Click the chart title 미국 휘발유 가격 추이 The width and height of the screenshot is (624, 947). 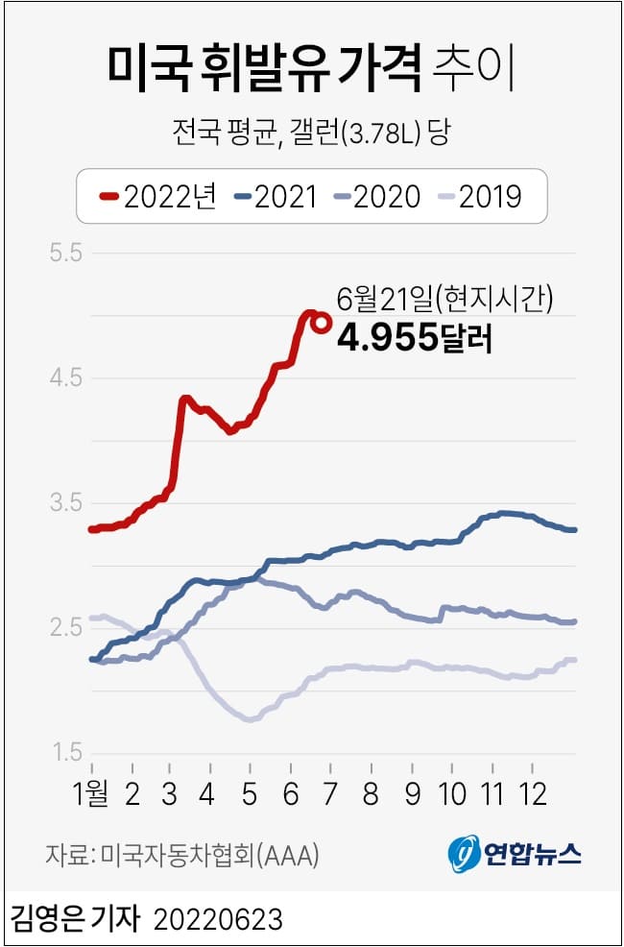pos(311,68)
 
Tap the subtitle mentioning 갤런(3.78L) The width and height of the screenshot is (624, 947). pos(311,131)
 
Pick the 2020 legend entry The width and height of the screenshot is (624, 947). pos(376,197)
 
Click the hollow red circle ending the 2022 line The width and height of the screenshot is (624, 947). pos(322,324)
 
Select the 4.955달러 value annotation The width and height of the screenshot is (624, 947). pos(415,338)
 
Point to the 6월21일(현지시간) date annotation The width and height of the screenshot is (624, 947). pos(444,300)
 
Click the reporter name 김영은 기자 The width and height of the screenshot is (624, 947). pos(76,919)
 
